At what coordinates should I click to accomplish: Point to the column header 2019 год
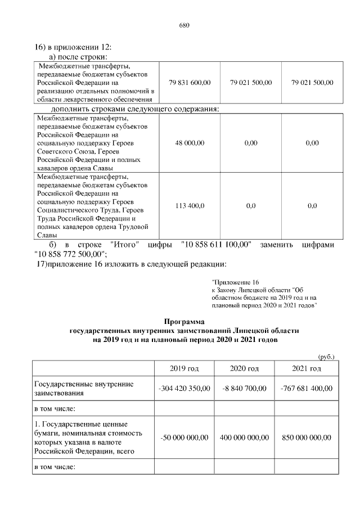pos(184,368)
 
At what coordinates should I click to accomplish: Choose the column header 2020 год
pos(244,368)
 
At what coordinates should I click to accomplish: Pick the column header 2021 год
pos(307,368)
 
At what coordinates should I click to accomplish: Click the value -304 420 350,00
pos(184,389)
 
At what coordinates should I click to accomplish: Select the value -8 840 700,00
pos(244,389)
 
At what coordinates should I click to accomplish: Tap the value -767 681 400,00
pos(307,389)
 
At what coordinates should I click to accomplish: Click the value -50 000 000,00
pos(184,438)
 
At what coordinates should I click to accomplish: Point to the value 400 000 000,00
pos(244,438)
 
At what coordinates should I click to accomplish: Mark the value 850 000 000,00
pos(307,438)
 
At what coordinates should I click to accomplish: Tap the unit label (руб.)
pos(326,357)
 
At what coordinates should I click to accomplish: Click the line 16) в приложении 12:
pos(73,48)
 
